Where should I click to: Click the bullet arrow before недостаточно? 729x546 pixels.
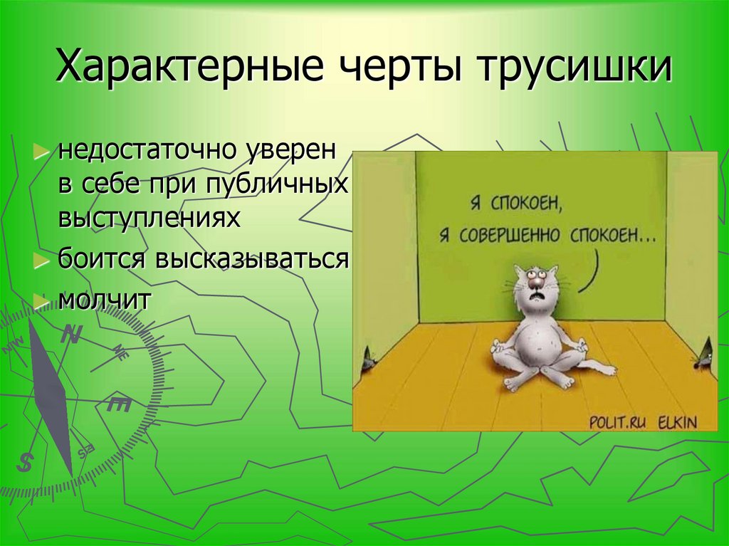click(x=42, y=152)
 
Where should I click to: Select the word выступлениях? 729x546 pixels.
click(x=148, y=218)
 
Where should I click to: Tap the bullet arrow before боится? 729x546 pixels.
click(x=42, y=260)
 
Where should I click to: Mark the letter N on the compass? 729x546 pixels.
click(x=71, y=334)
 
